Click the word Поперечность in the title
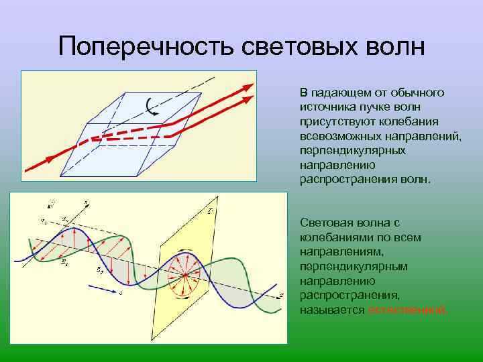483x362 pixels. click(142, 47)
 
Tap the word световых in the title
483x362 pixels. click(291, 47)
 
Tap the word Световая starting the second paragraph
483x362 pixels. click(325, 222)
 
